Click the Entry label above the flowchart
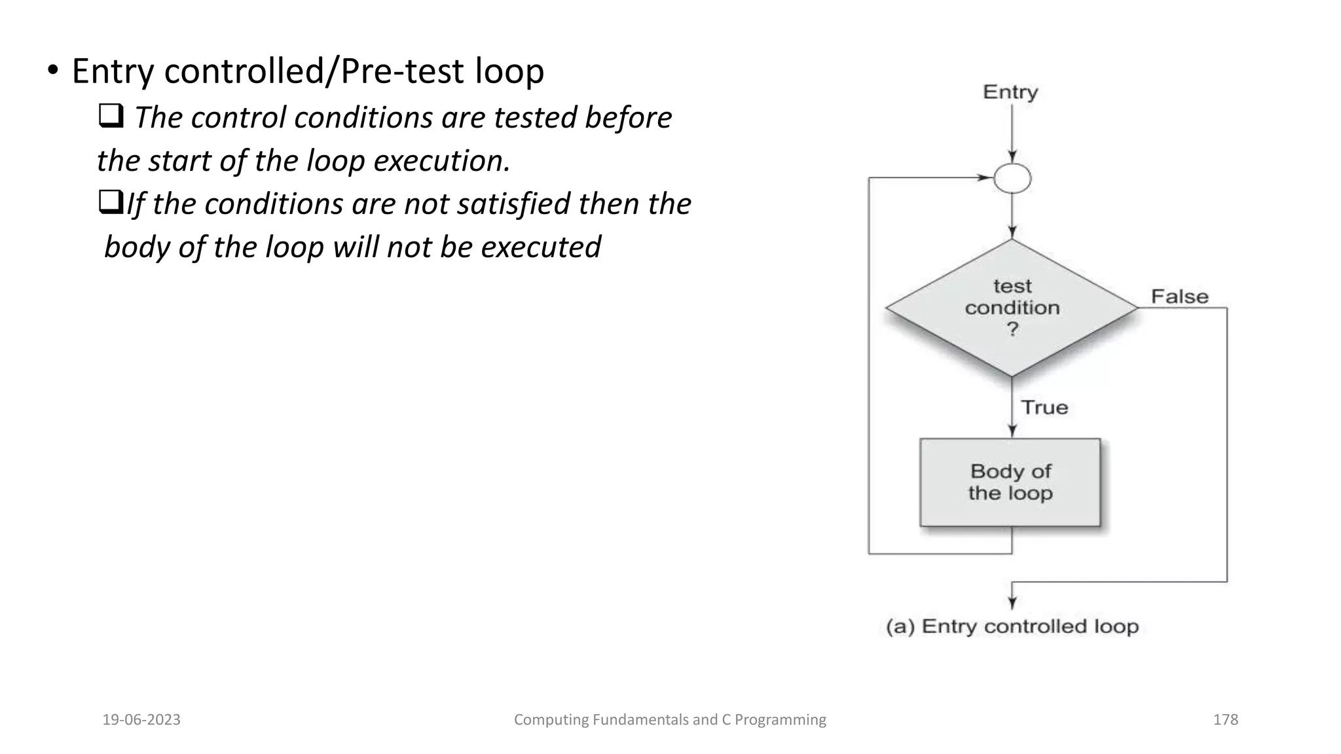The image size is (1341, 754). pyautogui.click(x=1010, y=92)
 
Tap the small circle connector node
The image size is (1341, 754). pyautogui.click(x=1012, y=179)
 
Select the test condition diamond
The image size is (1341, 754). pyautogui.click(x=1012, y=308)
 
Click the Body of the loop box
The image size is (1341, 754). pyautogui.click(x=1010, y=482)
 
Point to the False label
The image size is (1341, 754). pyautogui.click(x=1179, y=296)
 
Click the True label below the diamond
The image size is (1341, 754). pyautogui.click(x=1044, y=407)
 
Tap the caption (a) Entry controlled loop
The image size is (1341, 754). pyautogui.click(x=1012, y=626)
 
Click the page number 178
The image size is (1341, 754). pyautogui.click(x=1225, y=719)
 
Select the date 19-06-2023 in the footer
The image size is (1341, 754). pyautogui.click(x=141, y=719)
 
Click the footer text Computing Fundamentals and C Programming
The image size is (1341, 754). pyautogui.click(x=670, y=719)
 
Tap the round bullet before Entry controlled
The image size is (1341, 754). pyautogui.click(x=53, y=71)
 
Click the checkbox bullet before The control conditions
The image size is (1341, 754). pyautogui.click(x=111, y=117)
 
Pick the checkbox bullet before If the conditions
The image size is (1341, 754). pyautogui.click(x=111, y=204)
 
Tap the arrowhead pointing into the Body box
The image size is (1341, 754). pyautogui.click(x=1012, y=431)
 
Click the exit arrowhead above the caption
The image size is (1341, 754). pyautogui.click(x=1012, y=603)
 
